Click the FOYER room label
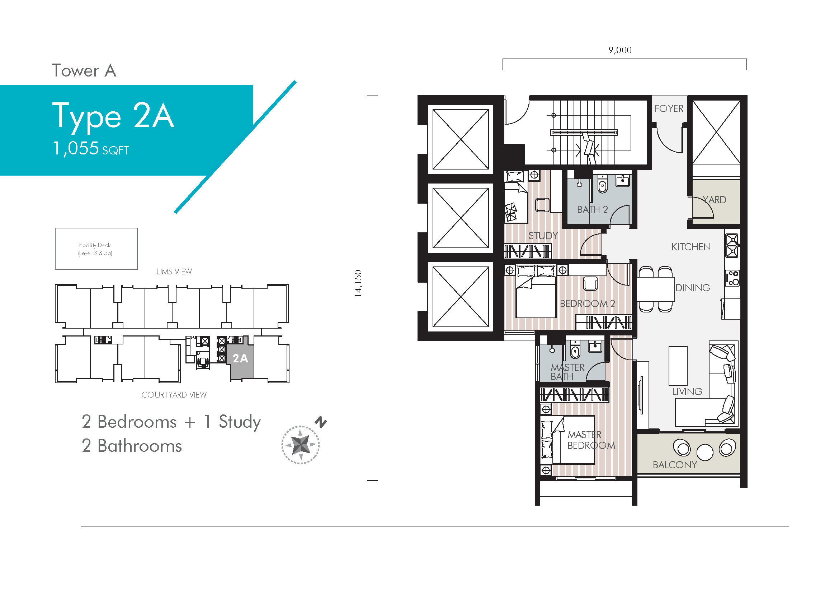(669, 108)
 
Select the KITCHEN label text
(691, 247)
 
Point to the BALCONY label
(675, 465)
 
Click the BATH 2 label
(592, 210)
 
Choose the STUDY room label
(543, 236)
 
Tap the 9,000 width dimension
(620, 50)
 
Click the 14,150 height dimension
(358, 283)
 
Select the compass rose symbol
(300, 445)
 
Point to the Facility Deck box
(96, 249)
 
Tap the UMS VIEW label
(174, 272)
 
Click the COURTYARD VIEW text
(174, 395)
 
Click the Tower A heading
(84, 71)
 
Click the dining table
(656, 289)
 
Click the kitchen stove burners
(732, 246)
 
